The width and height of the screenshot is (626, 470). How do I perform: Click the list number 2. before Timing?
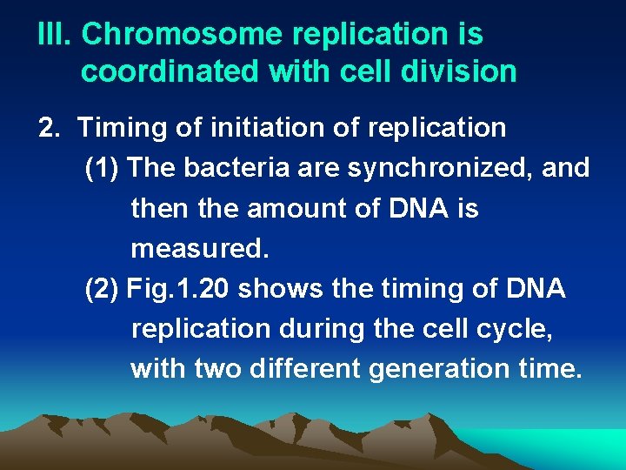(x=50, y=128)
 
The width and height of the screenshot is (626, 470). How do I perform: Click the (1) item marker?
(x=103, y=168)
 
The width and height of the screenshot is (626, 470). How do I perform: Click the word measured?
(x=200, y=250)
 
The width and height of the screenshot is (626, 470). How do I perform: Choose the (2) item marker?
(x=103, y=289)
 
